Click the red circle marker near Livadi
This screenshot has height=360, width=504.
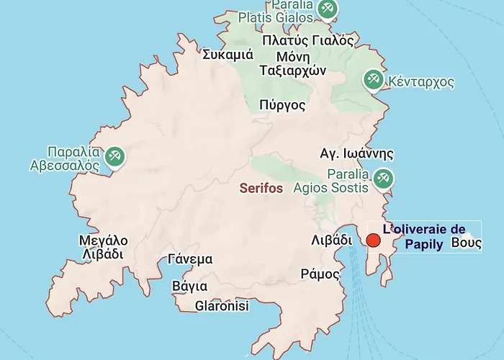[x=374, y=241]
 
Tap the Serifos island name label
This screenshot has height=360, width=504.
[x=261, y=188]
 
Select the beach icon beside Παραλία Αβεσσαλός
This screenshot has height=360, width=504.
[x=114, y=156]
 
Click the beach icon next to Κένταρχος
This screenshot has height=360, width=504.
[x=373, y=79]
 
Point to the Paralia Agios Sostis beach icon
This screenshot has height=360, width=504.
[x=382, y=179]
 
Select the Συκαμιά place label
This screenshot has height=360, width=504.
[x=228, y=55]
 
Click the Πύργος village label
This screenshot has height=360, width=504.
[x=282, y=106]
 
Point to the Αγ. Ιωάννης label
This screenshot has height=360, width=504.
[x=357, y=153]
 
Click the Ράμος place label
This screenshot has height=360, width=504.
[x=320, y=274]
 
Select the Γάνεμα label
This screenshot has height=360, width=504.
[x=189, y=260]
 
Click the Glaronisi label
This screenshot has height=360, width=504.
[x=222, y=306]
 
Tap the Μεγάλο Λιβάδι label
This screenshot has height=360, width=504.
[x=104, y=247]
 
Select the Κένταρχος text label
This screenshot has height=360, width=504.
[x=421, y=82]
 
